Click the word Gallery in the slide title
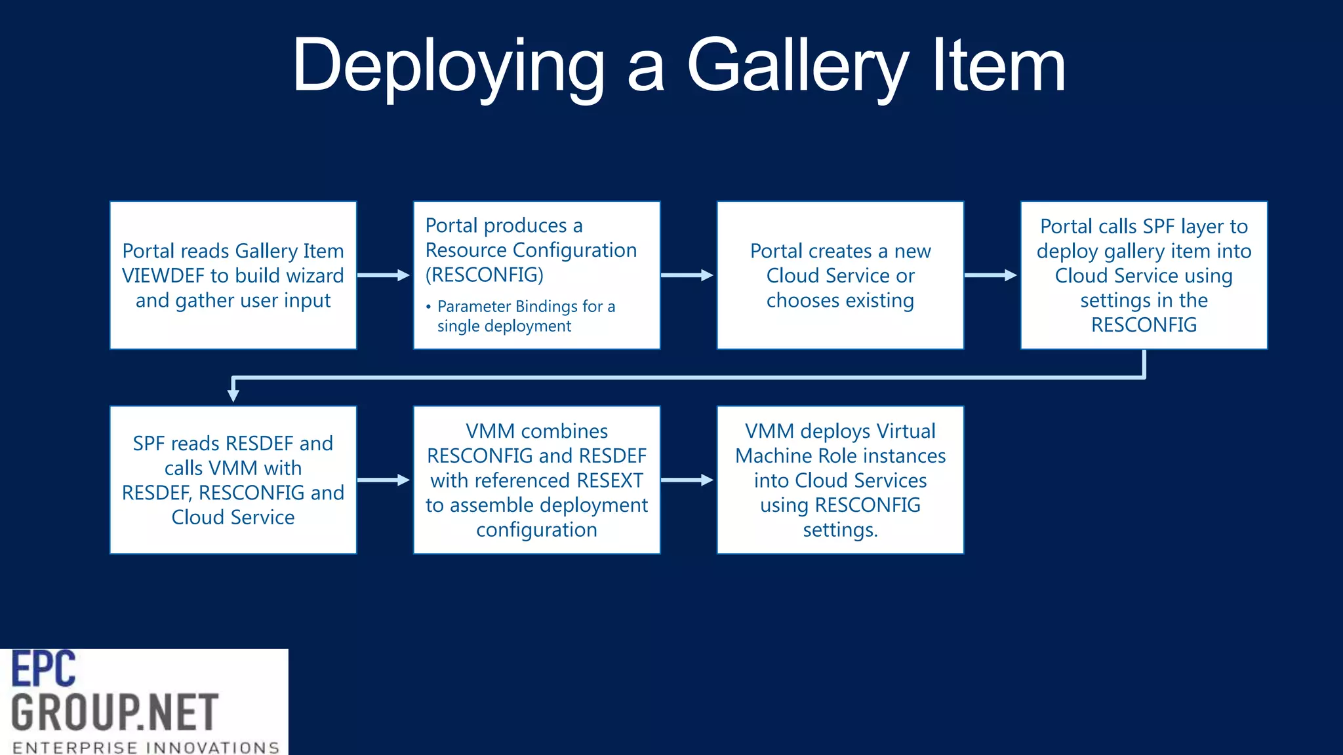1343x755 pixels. pyautogui.click(x=797, y=66)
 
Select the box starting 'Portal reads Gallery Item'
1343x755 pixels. pyautogui.click(x=233, y=275)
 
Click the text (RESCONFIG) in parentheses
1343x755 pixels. pyautogui.click(x=485, y=275)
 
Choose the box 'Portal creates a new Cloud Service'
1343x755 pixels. pyautogui.click(x=840, y=275)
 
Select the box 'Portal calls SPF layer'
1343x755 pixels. pyautogui.click(x=1144, y=275)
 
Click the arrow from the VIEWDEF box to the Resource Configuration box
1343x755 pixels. pyautogui.click(x=384, y=275)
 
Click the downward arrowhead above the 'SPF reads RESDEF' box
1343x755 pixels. pyautogui.click(x=233, y=395)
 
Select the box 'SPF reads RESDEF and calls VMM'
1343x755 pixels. pyautogui.click(x=233, y=480)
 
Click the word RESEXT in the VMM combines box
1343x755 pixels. pyautogui.click(x=609, y=480)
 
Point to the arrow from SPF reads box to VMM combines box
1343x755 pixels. pyautogui.click(x=384, y=480)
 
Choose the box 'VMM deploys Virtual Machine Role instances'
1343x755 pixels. pyautogui.click(x=840, y=480)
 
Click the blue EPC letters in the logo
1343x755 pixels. pyautogui.click(x=44, y=669)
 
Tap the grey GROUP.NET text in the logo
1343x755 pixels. pyautogui.click(x=115, y=712)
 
